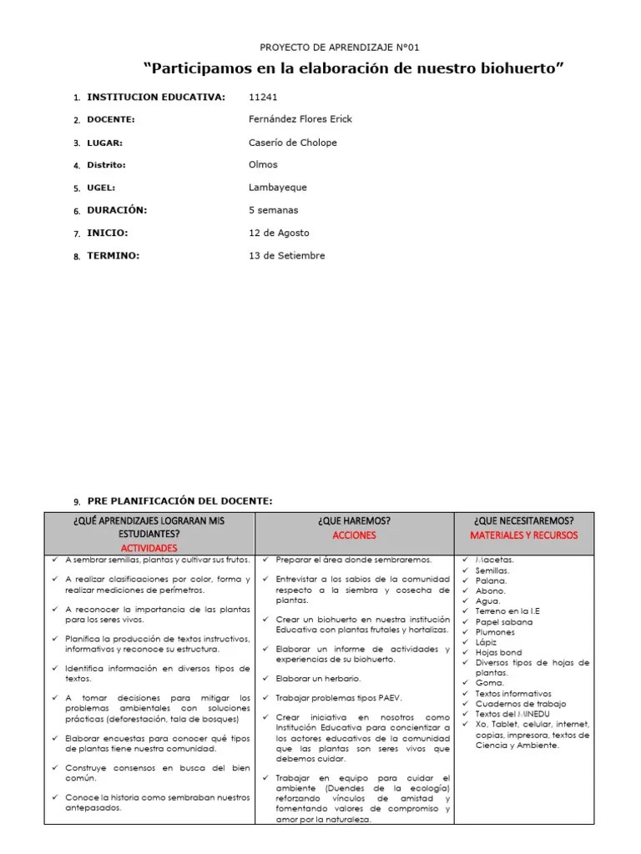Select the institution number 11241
263,97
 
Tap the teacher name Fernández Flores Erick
300,119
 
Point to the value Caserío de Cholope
293,143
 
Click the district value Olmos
263,165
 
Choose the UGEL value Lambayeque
277,188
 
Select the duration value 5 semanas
273,210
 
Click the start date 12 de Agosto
279,233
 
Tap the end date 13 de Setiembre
286,255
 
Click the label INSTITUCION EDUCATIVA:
156,97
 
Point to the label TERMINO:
114,255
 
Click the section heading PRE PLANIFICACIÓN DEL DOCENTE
179,500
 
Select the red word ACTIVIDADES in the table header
149,548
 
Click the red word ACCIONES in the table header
354,535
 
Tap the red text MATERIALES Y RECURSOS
523,535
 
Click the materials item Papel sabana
503,622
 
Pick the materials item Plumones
495,632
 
